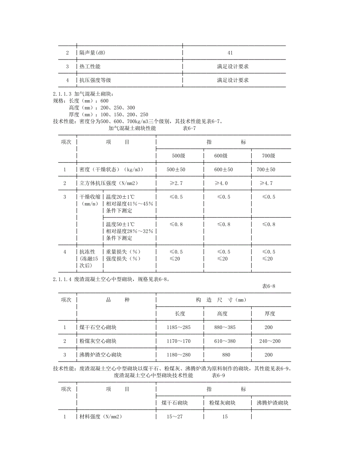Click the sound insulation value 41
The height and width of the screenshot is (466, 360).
pyautogui.click(x=230, y=53)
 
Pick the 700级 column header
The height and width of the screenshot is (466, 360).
pyautogui.click(x=268, y=156)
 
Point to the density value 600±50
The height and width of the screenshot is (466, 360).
pyautogui.click(x=223, y=169)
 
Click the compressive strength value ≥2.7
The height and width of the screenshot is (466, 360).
pyautogui.click(x=176, y=183)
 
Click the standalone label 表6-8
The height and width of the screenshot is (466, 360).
pyautogui.click(x=269, y=286)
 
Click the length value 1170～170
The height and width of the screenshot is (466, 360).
pyautogui.click(x=178, y=341)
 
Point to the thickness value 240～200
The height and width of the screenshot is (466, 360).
pyautogui.click(x=270, y=341)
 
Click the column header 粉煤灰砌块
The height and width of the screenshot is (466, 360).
pyautogui.click(x=222, y=403)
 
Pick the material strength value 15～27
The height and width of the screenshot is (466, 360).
pyautogui.click(x=175, y=417)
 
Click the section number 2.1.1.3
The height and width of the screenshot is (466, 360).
pyautogui.click(x=62, y=94)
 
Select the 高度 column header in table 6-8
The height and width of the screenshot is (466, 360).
pyautogui.click(x=222, y=313)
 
